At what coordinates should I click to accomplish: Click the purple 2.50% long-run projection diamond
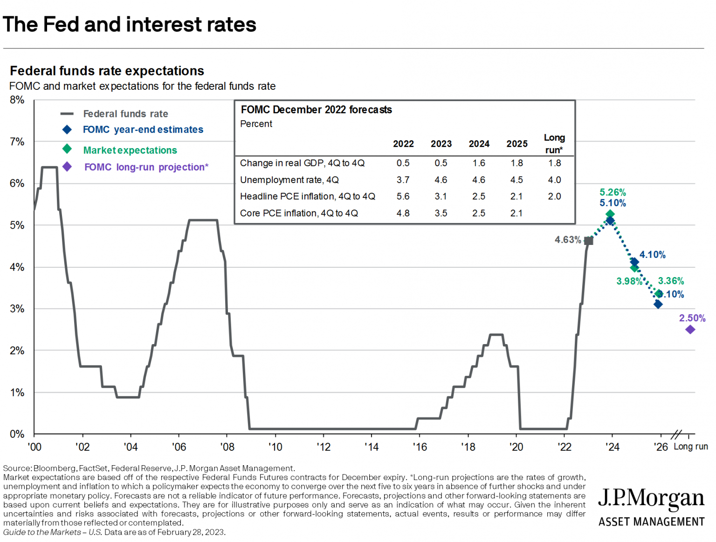690,330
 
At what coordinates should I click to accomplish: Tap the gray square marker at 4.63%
589,241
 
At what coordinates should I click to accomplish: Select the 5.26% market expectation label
613,192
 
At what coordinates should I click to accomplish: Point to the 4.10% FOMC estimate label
652,255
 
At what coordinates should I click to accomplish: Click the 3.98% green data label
629,281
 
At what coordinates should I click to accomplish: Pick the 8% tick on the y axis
17,100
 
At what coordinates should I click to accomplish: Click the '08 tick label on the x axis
227,447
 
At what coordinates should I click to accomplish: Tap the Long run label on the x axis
690,447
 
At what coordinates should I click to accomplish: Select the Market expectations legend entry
130,150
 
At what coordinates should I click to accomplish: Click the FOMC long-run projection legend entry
146,167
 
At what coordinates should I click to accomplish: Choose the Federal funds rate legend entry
125,114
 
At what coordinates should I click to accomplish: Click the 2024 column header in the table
479,144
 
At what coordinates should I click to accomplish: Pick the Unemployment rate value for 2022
403,180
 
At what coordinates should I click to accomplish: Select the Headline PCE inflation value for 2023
441,196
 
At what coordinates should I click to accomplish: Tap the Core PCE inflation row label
299,213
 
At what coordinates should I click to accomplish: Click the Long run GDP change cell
554,163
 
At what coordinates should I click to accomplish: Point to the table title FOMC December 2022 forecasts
316,110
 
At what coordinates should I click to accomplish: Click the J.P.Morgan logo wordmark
651,498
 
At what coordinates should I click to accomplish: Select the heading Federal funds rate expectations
107,71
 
